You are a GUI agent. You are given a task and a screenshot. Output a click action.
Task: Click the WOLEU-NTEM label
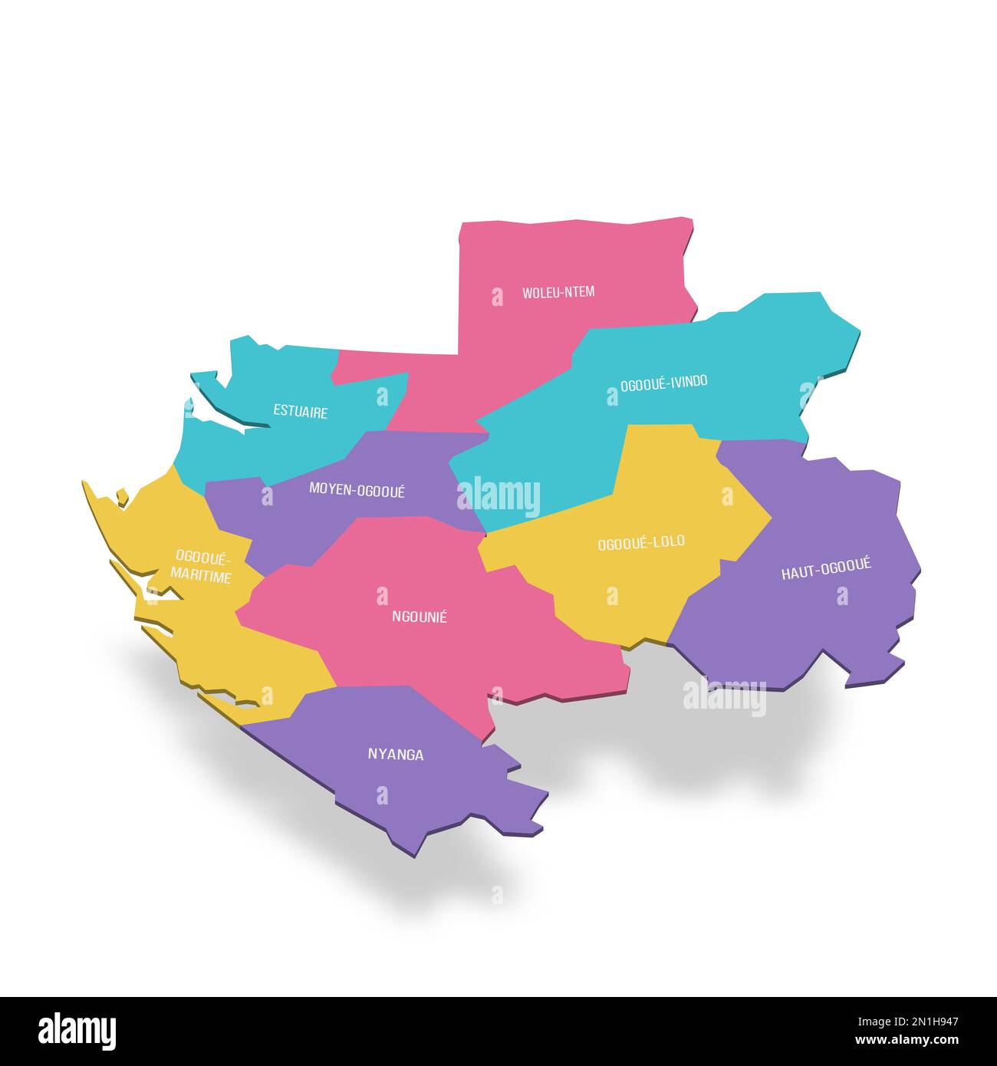pyautogui.click(x=558, y=292)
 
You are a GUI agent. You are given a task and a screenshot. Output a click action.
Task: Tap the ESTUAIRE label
pyautogui.click(x=301, y=412)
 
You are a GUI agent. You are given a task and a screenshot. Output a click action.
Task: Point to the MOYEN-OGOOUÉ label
pyautogui.click(x=357, y=490)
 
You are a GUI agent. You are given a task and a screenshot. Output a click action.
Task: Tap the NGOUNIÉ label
pyautogui.click(x=420, y=616)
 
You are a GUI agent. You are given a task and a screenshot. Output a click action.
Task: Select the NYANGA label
pyautogui.click(x=396, y=755)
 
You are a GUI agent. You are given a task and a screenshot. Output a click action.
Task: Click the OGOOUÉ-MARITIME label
pyautogui.click(x=202, y=567)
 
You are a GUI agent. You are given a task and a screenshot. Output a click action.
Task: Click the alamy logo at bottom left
pyautogui.click(x=77, y=1031)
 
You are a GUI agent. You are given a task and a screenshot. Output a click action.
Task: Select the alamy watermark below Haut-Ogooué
pyautogui.click(x=725, y=698)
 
